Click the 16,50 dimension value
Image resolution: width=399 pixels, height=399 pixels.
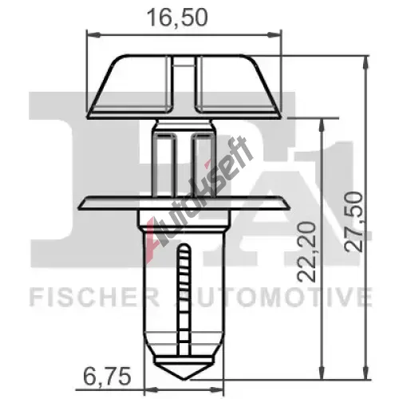pos(177,18)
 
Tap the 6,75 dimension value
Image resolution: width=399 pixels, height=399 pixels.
pos(107,376)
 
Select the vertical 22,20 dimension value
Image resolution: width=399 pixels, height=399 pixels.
pos(306,251)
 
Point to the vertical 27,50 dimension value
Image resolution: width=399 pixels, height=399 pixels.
pos(354,222)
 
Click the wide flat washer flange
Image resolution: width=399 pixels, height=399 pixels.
pos(184,203)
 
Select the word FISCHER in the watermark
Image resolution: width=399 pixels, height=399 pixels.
pos(94,296)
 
